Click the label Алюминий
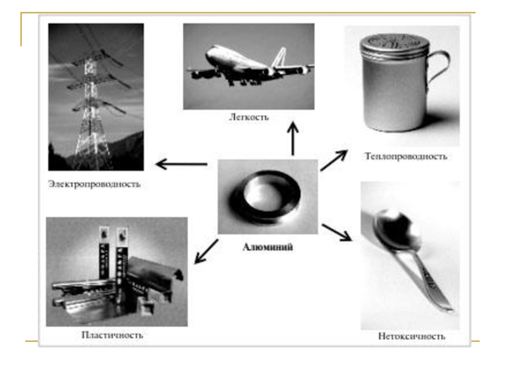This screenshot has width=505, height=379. [x=268, y=247]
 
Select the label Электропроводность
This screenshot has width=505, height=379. [x=94, y=184]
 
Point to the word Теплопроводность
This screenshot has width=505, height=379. [x=405, y=156]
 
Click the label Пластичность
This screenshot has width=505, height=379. [x=112, y=335]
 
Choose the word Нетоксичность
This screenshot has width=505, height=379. [x=412, y=337]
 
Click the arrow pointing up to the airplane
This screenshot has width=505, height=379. [x=292, y=138]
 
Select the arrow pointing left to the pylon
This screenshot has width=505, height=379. [x=181, y=164]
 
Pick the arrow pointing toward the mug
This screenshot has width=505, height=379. [x=334, y=160]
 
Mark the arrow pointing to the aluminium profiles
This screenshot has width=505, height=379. [x=206, y=251]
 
